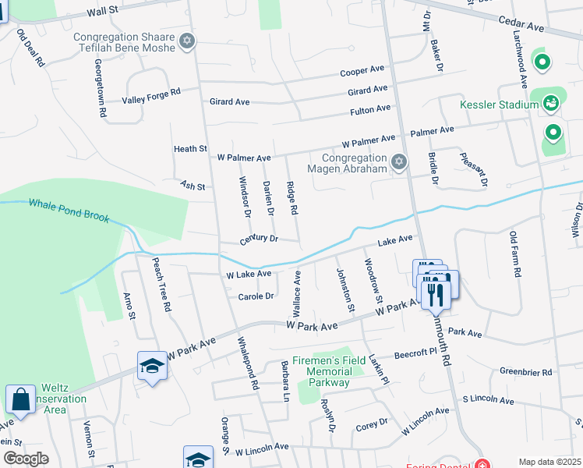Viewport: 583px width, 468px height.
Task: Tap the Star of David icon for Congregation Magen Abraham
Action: [x=399, y=161]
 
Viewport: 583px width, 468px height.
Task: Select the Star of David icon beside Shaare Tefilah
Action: [x=185, y=41]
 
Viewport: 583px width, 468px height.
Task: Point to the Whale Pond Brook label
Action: [x=66, y=209]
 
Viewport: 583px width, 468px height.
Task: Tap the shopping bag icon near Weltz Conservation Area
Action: [x=20, y=399]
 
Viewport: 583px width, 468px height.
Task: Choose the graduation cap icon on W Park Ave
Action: [x=151, y=365]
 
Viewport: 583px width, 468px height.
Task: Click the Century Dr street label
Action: [x=259, y=238]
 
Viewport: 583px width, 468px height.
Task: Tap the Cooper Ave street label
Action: [x=362, y=72]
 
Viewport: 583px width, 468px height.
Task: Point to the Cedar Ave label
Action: [x=524, y=26]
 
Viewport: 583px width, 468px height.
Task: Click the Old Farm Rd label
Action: [x=514, y=254]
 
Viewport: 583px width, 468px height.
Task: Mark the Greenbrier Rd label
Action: [x=525, y=372]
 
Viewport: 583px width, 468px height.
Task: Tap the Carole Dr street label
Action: [x=256, y=296]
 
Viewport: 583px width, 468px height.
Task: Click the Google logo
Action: [x=26, y=459]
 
